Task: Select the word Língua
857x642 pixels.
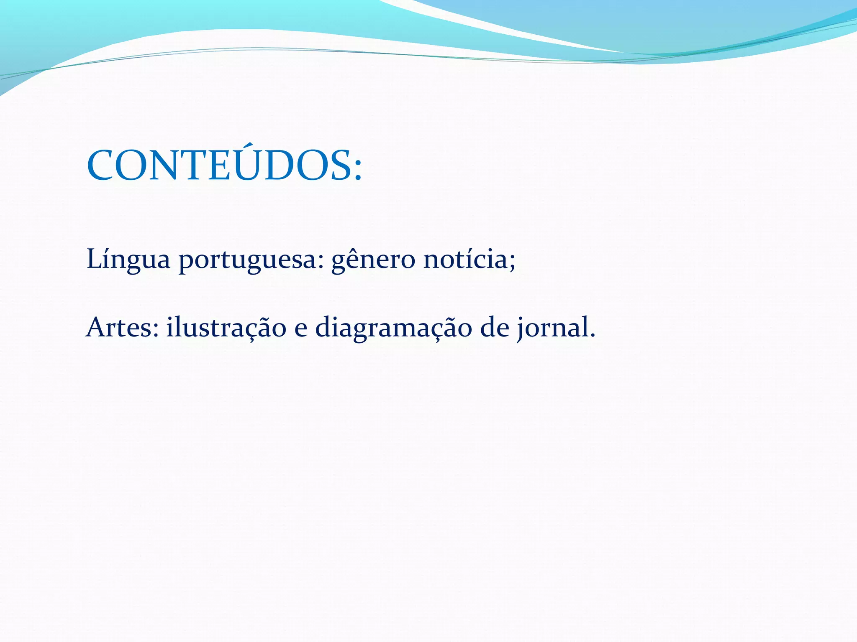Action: click(128, 259)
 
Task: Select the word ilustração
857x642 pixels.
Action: click(226, 328)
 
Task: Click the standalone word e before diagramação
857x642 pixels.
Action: click(300, 330)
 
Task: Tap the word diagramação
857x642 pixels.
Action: click(393, 329)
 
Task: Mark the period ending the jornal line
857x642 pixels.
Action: click(592, 336)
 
